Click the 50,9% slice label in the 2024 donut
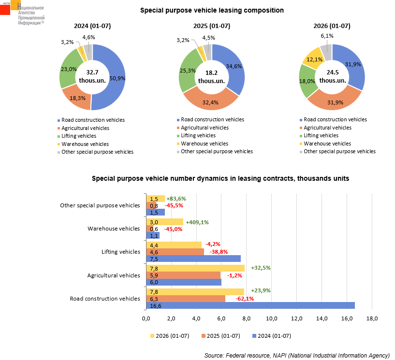tap(117, 79)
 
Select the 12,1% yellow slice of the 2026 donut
tap(313, 58)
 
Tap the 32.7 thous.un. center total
tap(92, 76)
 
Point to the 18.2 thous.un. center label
tap(211, 77)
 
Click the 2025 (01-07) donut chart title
tap(212, 26)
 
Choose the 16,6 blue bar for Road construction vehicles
tap(250, 305)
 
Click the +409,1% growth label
tap(197, 222)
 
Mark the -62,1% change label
tap(245, 299)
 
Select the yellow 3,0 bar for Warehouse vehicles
tap(165, 222)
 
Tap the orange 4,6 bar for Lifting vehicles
tap(175, 252)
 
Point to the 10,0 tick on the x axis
tap(271, 318)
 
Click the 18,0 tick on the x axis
tap(372, 318)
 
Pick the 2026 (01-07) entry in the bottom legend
tap(170, 336)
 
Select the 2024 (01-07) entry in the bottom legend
tap(272, 336)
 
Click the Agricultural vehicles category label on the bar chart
tap(114, 275)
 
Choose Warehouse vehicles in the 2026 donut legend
tap(325, 144)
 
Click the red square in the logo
tap(5, 10)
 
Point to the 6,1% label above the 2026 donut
tap(327, 36)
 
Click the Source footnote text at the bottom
tap(297, 356)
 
